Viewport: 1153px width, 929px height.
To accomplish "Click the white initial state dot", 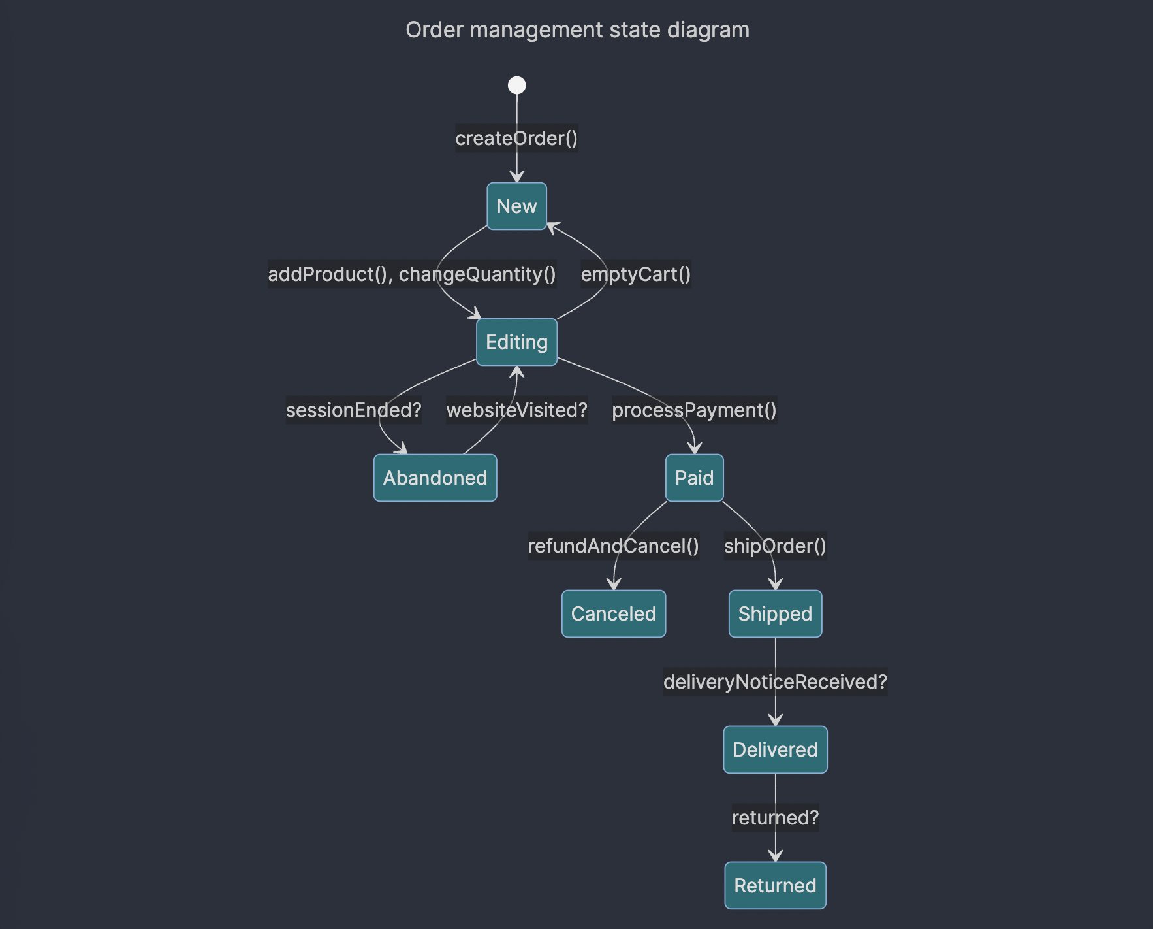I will pyautogui.click(x=516, y=86).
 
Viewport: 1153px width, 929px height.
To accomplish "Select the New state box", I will pyautogui.click(x=516, y=206).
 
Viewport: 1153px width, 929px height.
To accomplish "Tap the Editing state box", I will pyautogui.click(x=516, y=342).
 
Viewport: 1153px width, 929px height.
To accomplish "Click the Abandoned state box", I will pyautogui.click(x=435, y=478).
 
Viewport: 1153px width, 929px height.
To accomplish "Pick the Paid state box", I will pyautogui.click(x=694, y=478).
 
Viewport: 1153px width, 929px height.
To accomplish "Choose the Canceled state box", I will pyautogui.click(x=613, y=614).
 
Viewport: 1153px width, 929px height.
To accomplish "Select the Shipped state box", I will pyautogui.click(x=775, y=614).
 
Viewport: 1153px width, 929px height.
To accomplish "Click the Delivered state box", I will pyautogui.click(x=775, y=750).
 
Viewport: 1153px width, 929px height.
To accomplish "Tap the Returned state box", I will pyautogui.click(x=775, y=886).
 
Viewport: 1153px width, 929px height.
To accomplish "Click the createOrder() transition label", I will pyautogui.click(x=516, y=139).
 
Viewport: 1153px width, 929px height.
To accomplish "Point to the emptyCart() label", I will pyautogui.click(x=635, y=274).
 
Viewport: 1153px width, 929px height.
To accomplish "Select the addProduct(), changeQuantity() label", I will pyautogui.click(x=412, y=274).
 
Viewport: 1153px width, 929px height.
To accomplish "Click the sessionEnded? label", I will pyautogui.click(x=353, y=410).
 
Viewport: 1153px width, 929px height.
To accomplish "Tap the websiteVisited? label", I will pyautogui.click(x=516, y=410).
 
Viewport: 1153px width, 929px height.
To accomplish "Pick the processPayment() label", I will pyautogui.click(x=694, y=410).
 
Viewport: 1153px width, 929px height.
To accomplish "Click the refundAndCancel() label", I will pyautogui.click(x=613, y=546).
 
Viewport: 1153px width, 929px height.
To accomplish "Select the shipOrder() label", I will pyautogui.click(x=775, y=546).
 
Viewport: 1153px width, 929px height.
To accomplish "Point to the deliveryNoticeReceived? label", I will pyautogui.click(x=775, y=682).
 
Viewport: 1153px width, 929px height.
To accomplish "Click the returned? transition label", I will pyautogui.click(x=775, y=818).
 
